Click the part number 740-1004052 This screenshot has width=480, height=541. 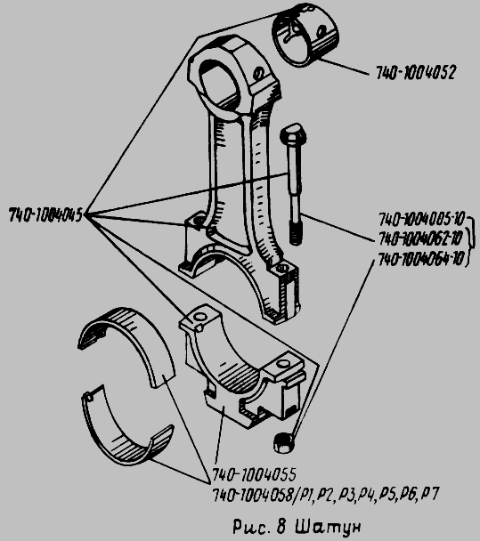[x=415, y=72]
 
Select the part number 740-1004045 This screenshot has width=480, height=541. [x=45, y=215]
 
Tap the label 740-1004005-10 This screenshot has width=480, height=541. [x=421, y=220]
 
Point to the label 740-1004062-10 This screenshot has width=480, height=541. [x=420, y=238]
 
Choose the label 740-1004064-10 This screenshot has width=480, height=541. [x=420, y=259]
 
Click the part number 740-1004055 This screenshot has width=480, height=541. [x=254, y=475]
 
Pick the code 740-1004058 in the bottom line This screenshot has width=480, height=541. [x=252, y=495]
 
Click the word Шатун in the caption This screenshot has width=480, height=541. [x=329, y=527]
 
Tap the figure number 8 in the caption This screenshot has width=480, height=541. [x=281, y=527]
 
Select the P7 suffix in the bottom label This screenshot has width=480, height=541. [x=430, y=493]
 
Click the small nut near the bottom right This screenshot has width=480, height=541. [x=284, y=442]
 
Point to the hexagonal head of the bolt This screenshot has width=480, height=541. [x=293, y=134]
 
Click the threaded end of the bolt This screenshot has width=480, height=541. [x=296, y=234]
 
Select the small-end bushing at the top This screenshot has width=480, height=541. [x=305, y=35]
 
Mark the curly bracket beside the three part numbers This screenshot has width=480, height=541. [x=470, y=239]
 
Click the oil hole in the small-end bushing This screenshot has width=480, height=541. [x=321, y=32]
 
